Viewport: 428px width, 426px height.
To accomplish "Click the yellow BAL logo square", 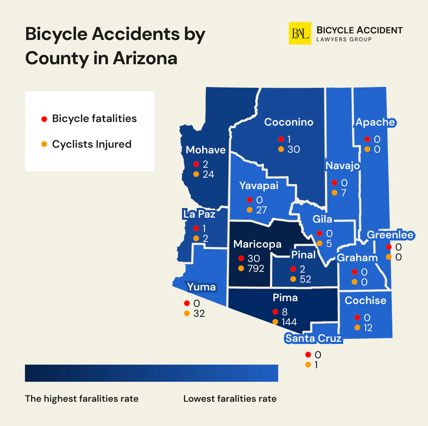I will [x=300, y=34].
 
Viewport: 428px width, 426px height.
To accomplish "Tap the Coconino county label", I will [x=289, y=122].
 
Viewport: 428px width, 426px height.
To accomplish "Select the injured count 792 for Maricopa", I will [x=256, y=268].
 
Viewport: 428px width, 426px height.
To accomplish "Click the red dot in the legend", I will [x=44, y=119].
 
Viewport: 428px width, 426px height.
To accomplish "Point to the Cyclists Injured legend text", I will [x=92, y=144].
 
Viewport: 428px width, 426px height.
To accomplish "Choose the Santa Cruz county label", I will [x=314, y=338].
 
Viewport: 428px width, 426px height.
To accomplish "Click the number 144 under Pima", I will [x=289, y=322].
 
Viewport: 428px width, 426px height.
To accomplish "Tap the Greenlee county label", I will [x=390, y=235].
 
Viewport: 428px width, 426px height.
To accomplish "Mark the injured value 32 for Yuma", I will [x=199, y=313].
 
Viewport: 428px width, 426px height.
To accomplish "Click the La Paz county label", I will [x=199, y=214].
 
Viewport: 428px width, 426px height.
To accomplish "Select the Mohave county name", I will [x=205, y=150].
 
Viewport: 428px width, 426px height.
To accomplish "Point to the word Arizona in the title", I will [x=145, y=58].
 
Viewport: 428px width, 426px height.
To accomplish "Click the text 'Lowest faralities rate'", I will [x=230, y=399].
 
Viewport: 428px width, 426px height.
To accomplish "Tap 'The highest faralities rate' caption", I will [x=82, y=399].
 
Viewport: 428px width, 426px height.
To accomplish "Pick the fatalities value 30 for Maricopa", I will [x=254, y=258].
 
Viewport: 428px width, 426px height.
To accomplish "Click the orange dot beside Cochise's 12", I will [x=357, y=328].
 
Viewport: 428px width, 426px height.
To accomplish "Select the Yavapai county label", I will [x=259, y=186].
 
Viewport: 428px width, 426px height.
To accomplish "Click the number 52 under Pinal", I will [x=305, y=279].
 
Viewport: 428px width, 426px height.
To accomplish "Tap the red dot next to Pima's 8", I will [x=275, y=312].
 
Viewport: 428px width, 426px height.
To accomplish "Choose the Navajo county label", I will [x=342, y=166].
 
